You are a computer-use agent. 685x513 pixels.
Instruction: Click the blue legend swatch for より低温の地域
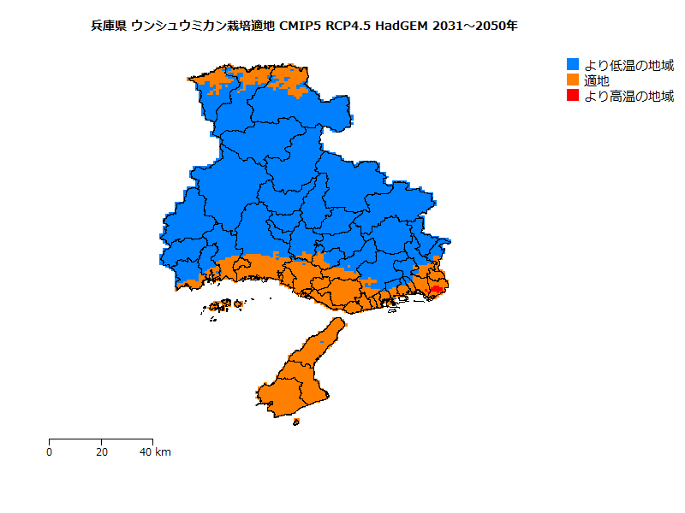pyautogui.click(x=573, y=65)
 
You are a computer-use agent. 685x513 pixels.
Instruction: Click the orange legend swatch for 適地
pyautogui.click(x=573, y=80)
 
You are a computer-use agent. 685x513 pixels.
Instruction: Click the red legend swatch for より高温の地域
pyautogui.click(x=573, y=96)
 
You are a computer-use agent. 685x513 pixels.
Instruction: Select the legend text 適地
pyautogui.click(x=597, y=80)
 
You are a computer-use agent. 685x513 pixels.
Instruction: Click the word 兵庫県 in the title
pyautogui.click(x=109, y=26)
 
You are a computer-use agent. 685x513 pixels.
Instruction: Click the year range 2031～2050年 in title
pyautogui.click(x=475, y=26)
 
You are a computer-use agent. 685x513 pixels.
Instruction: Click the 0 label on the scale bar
pyautogui.click(x=50, y=451)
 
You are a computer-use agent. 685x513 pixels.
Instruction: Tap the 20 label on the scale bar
pyautogui.click(x=102, y=451)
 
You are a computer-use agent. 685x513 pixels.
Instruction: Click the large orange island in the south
pyautogui.click(x=295, y=380)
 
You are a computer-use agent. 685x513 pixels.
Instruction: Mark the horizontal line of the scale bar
pyautogui.click(x=102, y=439)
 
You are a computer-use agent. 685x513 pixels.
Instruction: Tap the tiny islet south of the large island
pyautogui.click(x=296, y=421)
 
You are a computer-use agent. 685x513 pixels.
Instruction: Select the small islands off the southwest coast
pyautogui.click(x=224, y=304)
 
